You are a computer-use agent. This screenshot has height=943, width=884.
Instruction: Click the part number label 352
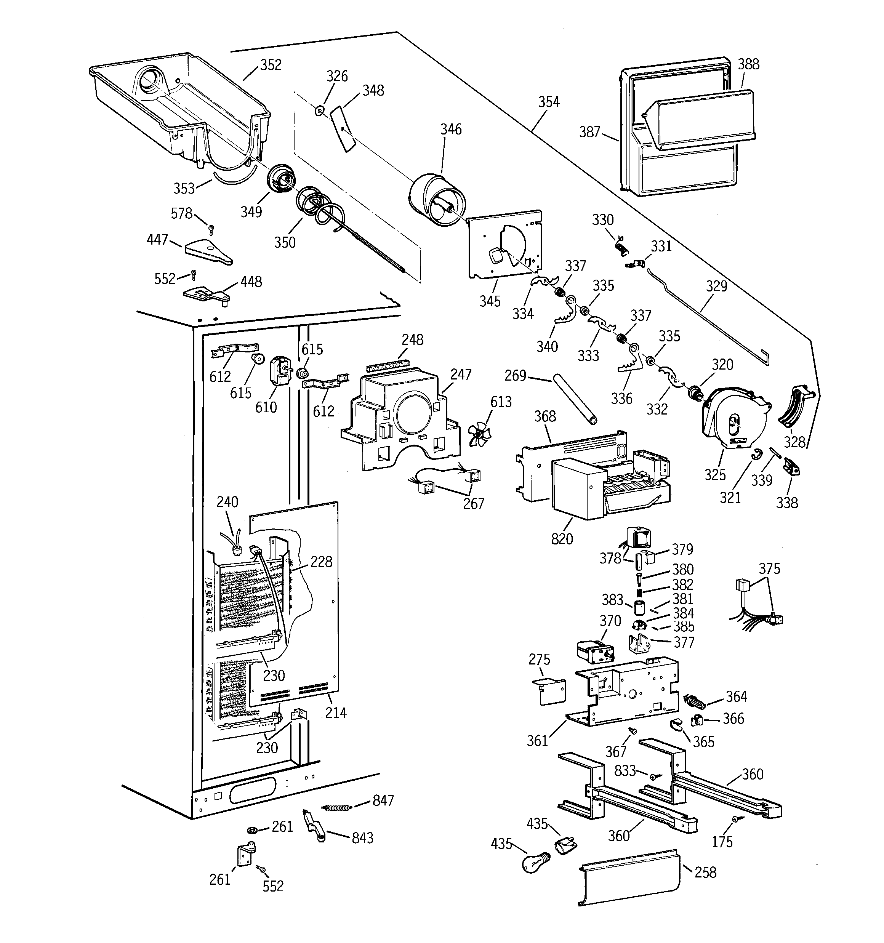click(271, 65)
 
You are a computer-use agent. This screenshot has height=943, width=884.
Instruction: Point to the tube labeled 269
click(574, 399)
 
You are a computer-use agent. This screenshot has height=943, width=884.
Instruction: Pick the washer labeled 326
click(319, 111)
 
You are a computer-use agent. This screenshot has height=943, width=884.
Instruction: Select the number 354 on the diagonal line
click(549, 102)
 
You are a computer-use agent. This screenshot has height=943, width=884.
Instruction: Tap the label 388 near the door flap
click(748, 64)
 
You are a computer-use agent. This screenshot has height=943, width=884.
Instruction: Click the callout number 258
click(705, 872)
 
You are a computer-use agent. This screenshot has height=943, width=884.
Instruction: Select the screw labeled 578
click(211, 228)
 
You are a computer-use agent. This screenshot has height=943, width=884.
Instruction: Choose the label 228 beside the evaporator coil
click(321, 562)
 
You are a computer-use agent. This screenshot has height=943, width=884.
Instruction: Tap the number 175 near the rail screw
click(722, 842)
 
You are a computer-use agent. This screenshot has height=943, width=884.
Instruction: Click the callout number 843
click(362, 838)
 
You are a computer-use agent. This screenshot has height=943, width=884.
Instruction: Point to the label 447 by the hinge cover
click(157, 240)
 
